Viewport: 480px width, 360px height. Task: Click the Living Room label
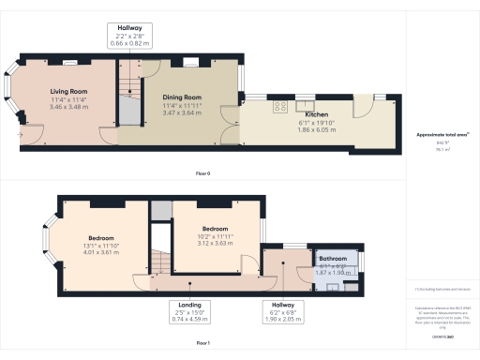pyautogui.click(x=69, y=92)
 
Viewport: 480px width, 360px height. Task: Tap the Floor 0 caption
pyautogui.click(x=202, y=174)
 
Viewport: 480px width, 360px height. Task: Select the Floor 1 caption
pyautogui.click(x=202, y=344)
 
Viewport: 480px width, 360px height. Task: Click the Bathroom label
pyautogui.click(x=333, y=258)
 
